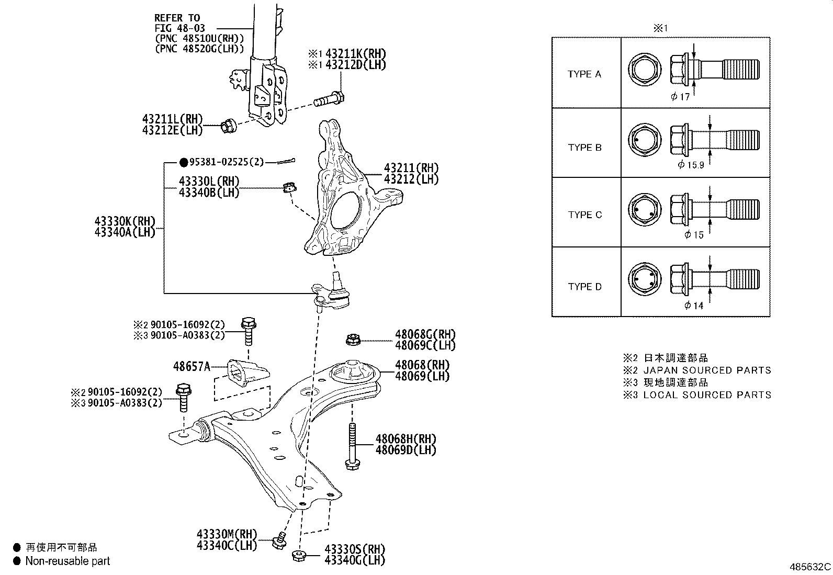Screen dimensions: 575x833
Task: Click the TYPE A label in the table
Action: tap(584, 74)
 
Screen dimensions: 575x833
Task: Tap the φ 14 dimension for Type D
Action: tap(694, 306)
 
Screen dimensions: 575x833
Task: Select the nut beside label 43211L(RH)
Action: tap(228, 126)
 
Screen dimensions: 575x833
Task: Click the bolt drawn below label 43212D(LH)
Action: tap(329, 98)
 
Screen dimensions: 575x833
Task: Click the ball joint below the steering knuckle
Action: tap(332, 294)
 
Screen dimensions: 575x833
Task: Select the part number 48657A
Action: tap(192, 367)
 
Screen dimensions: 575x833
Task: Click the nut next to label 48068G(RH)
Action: tap(352, 341)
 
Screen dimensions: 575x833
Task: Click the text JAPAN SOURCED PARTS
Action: tap(707, 370)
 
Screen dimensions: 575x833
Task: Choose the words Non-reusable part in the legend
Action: tap(68, 561)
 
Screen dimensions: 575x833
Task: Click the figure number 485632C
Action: tap(810, 567)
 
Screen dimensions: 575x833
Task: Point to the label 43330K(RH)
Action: tap(125, 221)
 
